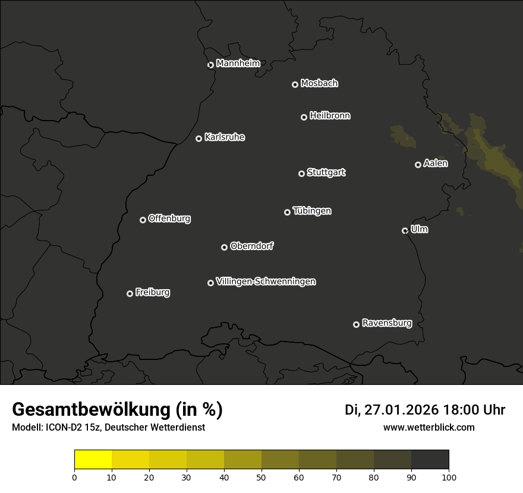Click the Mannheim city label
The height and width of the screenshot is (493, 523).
[x=238, y=64]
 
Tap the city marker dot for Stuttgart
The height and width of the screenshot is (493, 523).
[x=301, y=173]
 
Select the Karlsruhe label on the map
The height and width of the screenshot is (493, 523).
[x=224, y=137]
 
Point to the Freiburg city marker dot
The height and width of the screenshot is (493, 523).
[x=130, y=293]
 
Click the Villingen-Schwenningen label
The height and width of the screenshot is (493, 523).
[x=266, y=282]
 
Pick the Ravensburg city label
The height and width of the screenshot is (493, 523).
[x=386, y=323]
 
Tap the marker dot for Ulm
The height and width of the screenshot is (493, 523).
[x=405, y=230]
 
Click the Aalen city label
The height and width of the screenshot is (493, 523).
[x=436, y=163]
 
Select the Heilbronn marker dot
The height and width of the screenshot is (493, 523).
[x=304, y=117]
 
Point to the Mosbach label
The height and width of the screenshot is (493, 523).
[x=319, y=84]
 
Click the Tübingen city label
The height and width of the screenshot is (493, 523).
[x=312, y=211]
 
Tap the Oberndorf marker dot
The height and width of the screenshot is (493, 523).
[x=224, y=247]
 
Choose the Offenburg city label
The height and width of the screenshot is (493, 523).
[x=169, y=219]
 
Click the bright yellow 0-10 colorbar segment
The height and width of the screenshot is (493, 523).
[x=93, y=460]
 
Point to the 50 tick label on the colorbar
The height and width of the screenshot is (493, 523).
[x=261, y=477]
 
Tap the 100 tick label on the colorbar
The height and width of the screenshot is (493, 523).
[x=449, y=477]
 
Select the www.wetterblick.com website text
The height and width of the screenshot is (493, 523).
[x=429, y=427]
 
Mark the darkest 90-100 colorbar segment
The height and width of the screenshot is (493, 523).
[x=430, y=460]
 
